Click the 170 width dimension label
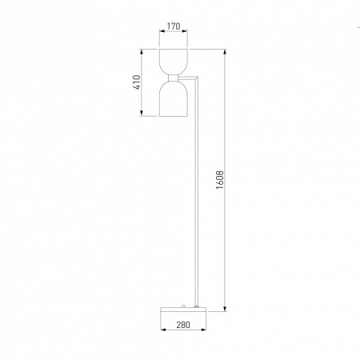tap(174, 26)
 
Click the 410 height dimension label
tap(137, 82)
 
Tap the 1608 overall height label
tap(220, 180)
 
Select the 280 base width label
tap(183, 325)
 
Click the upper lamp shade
tap(174, 62)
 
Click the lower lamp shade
tap(174, 99)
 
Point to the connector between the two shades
tap(174, 78)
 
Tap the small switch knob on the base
tap(183, 306)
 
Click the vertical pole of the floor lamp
tap(197, 192)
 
